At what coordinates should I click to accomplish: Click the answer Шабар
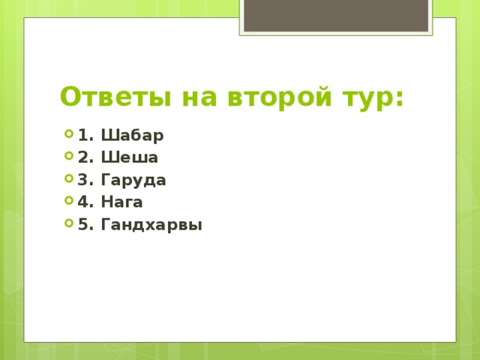click(x=131, y=136)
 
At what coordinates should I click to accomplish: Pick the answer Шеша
click(x=128, y=157)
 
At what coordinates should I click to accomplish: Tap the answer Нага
click(x=121, y=202)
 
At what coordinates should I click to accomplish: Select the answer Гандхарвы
click(x=151, y=224)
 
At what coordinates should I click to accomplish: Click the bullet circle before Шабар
click(x=69, y=136)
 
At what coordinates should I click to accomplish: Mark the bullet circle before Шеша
click(x=69, y=157)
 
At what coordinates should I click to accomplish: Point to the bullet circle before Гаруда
click(x=69, y=180)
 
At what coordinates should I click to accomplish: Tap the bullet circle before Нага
click(x=69, y=202)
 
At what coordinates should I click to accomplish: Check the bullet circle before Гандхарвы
click(x=69, y=223)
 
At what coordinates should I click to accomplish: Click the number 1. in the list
click(x=85, y=136)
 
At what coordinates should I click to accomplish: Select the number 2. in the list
click(x=85, y=157)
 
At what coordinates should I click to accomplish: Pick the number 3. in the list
click(x=85, y=180)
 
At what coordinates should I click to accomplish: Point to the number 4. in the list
click(x=85, y=202)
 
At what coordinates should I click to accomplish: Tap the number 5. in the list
click(x=85, y=224)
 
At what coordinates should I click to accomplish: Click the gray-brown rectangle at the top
click(x=336, y=15)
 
